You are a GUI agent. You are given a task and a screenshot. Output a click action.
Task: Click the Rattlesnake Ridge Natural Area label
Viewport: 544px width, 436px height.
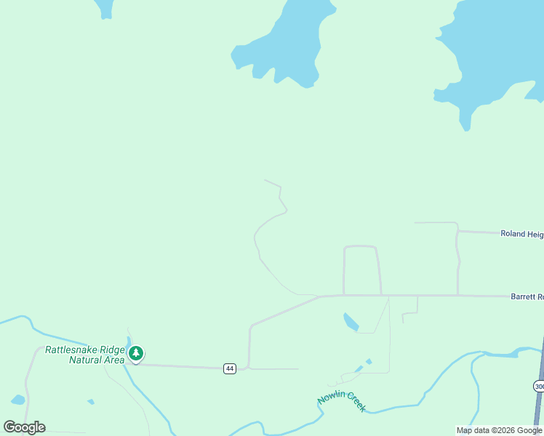coord(85,355)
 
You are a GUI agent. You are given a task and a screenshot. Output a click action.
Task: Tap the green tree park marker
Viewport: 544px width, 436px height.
coord(136,354)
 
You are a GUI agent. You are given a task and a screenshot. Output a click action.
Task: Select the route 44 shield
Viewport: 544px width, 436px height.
coord(230,368)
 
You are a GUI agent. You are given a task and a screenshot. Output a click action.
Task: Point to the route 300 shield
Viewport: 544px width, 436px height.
coord(538,385)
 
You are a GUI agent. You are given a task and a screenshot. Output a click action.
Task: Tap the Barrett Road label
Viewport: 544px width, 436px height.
coord(527,296)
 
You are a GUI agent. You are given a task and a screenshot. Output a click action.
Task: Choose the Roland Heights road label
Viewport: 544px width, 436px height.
coord(521,233)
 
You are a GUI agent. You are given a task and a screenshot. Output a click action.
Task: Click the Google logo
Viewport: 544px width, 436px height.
coord(24,427)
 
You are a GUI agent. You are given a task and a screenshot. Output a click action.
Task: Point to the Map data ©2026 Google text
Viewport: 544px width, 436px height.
coord(499,430)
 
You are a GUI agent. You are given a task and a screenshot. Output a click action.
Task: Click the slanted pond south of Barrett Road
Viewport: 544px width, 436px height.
coord(351,321)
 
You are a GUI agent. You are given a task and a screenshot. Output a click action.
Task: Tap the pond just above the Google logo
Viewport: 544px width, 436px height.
coord(17,400)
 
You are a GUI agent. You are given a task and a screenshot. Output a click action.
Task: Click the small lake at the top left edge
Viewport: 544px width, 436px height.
coord(105,7)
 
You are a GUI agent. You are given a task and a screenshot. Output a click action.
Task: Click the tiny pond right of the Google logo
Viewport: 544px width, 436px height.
coord(90,401)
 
